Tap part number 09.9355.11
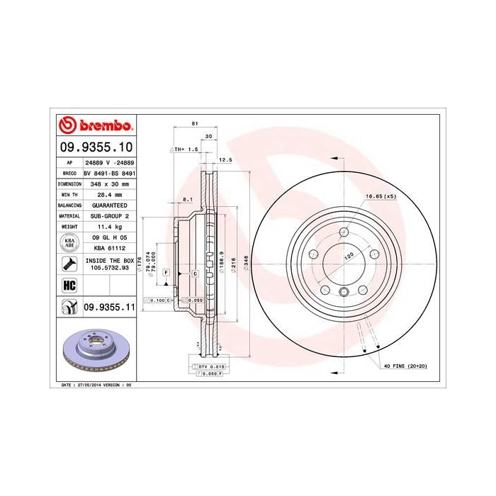(x=109, y=307)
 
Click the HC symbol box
(x=69, y=286)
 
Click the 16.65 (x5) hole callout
(x=380, y=196)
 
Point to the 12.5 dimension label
(x=225, y=159)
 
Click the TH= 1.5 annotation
(x=186, y=150)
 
